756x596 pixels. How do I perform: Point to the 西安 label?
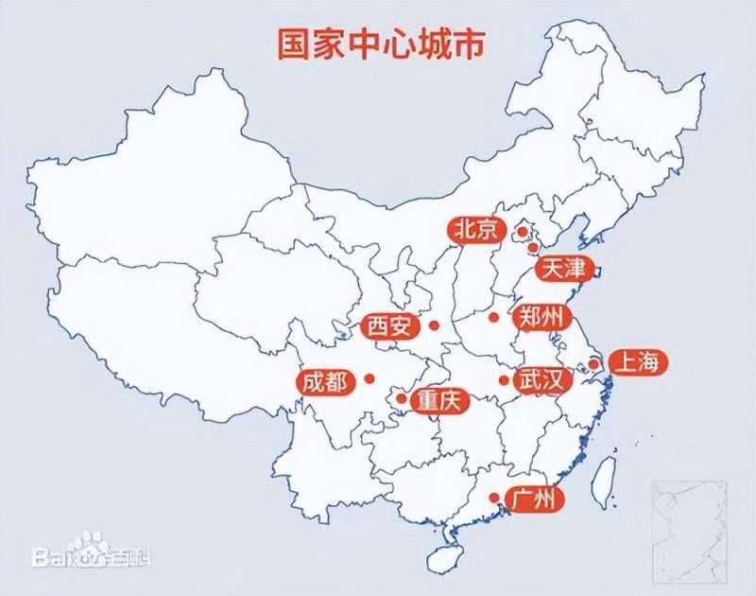tap(389, 327)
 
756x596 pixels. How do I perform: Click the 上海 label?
tap(640, 362)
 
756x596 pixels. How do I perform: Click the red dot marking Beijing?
tap(521, 230)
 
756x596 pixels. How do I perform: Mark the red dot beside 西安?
tap(434, 325)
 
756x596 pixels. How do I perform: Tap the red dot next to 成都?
tap(369, 379)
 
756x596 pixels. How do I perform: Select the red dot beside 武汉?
tap(504, 380)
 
